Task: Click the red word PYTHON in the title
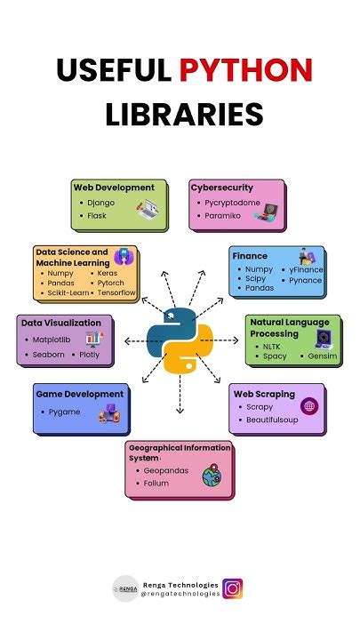pyautogui.click(x=246, y=70)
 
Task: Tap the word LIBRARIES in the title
pyautogui.click(x=184, y=114)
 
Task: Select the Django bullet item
pyautogui.click(x=100, y=203)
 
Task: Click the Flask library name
pyautogui.click(x=97, y=215)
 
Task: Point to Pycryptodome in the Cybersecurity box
pyautogui.click(x=232, y=203)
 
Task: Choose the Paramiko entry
pyautogui.click(x=222, y=215)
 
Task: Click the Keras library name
pyautogui.click(x=108, y=273)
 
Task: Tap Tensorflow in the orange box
pyautogui.click(x=116, y=292)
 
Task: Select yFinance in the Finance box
pyautogui.click(x=306, y=270)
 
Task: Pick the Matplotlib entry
pyautogui.click(x=52, y=340)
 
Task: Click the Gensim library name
pyautogui.click(x=323, y=356)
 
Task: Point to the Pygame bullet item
pyautogui.click(x=65, y=412)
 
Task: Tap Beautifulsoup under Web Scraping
pyautogui.click(x=272, y=420)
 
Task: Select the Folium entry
pyautogui.click(x=156, y=483)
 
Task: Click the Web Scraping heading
pyautogui.click(x=264, y=395)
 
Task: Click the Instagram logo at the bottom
pyautogui.click(x=233, y=588)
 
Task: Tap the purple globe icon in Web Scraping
pyautogui.click(x=309, y=406)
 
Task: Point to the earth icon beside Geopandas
pyautogui.click(x=212, y=476)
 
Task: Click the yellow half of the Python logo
pyautogui.click(x=188, y=350)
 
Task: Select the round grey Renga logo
pyautogui.click(x=125, y=588)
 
